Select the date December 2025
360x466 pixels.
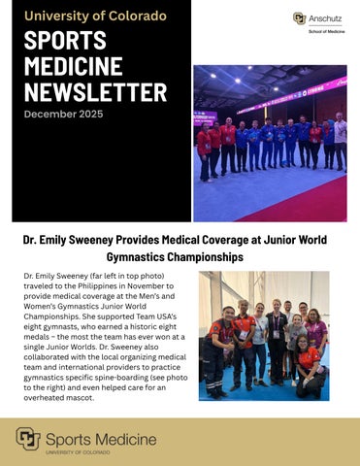(x=62, y=115)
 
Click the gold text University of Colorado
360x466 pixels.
(x=94, y=16)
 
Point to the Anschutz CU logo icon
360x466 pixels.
(x=300, y=17)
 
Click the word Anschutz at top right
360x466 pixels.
(x=327, y=17)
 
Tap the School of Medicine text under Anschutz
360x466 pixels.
(x=326, y=32)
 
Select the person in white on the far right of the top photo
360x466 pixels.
(x=340, y=141)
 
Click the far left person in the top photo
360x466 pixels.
(x=204, y=150)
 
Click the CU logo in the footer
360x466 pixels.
(x=27, y=440)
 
